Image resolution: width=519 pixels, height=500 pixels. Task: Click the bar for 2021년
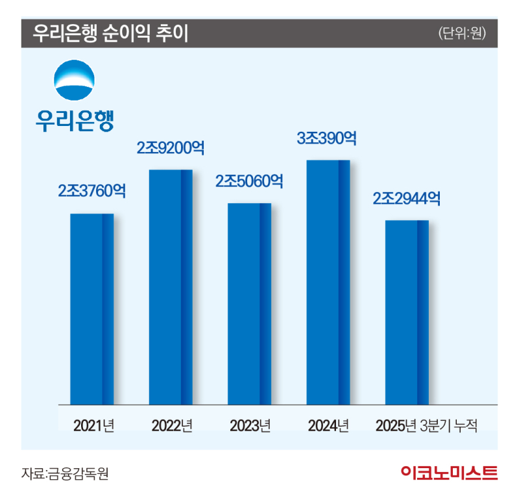coord(91,309)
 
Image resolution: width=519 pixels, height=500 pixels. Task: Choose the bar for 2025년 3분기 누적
coord(407,312)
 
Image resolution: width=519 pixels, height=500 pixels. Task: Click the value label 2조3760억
coord(91,192)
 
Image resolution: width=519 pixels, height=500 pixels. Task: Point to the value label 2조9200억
coord(171,148)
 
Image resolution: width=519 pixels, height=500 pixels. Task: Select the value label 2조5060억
coord(249,181)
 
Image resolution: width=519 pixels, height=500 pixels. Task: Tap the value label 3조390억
coord(328,138)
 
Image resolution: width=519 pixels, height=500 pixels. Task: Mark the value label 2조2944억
coord(407,198)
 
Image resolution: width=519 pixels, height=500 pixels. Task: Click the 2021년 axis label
coord(94,426)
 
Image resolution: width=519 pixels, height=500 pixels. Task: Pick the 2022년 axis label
coord(173,426)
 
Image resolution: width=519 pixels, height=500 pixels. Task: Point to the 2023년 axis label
coord(250,426)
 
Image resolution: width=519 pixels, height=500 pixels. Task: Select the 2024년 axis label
coord(329,426)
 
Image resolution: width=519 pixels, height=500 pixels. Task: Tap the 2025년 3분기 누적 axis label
coord(427,426)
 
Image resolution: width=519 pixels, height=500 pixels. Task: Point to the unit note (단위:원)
coord(462,33)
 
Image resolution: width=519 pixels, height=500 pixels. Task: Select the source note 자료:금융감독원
coord(64,473)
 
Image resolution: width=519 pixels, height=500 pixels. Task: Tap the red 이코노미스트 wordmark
coord(449,473)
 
